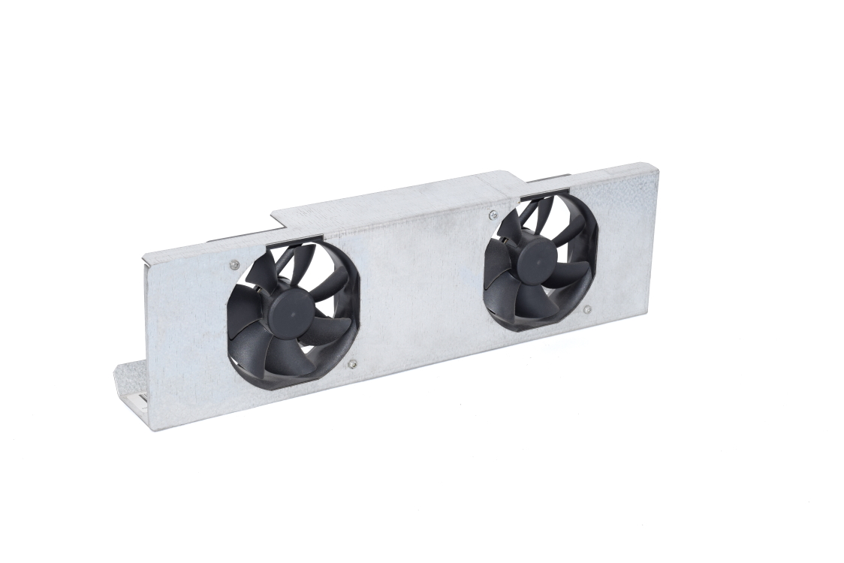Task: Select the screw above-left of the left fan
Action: pyautogui.click(x=234, y=264)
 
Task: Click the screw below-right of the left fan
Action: pyautogui.click(x=352, y=365)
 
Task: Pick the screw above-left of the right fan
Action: pyautogui.click(x=493, y=215)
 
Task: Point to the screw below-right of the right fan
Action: pyautogui.click(x=587, y=309)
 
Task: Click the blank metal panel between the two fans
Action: pyautogui.click(x=420, y=285)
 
